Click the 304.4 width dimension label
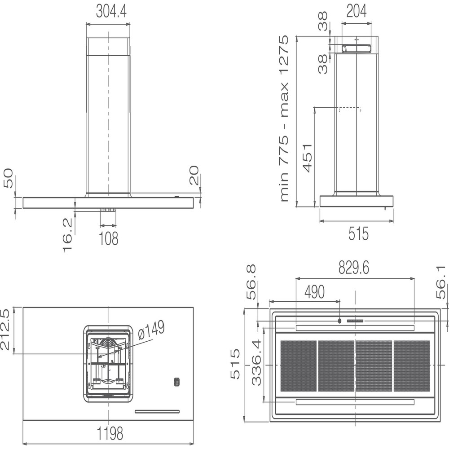(x=111, y=12)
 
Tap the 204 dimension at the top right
(x=357, y=11)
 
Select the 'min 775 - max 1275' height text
(x=284, y=118)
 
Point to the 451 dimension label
(x=307, y=158)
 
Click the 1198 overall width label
(x=110, y=433)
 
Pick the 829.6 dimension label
(x=354, y=268)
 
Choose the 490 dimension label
(x=314, y=292)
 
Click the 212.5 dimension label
(x=6, y=329)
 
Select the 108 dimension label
(x=108, y=238)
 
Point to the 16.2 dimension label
(x=68, y=235)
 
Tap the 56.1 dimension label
(x=442, y=282)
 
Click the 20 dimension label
(x=194, y=175)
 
